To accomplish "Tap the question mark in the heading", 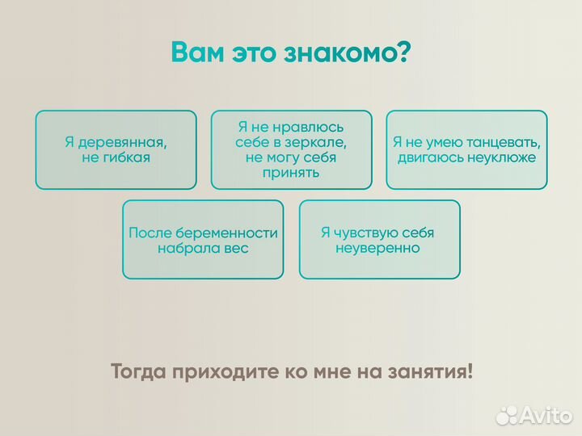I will click(x=403, y=52).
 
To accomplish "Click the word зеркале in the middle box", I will click(x=319, y=142).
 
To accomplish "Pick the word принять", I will click(x=291, y=173).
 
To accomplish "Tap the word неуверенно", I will click(x=377, y=249).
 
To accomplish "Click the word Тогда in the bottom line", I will click(x=138, y=372).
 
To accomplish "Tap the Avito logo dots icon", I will click(x=507, y=415).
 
